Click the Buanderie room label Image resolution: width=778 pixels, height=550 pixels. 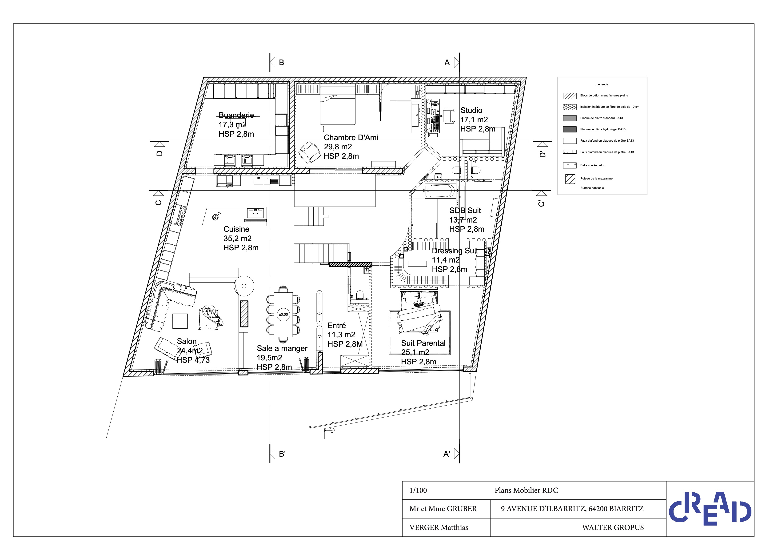tap(236, 116)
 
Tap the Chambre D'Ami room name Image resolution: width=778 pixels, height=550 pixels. tap(351, 138)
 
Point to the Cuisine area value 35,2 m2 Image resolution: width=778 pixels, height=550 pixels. tap(238, 239)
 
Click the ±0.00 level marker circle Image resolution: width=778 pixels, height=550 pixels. tap(283, 315)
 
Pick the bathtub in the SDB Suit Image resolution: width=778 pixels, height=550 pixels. tap(439, 191)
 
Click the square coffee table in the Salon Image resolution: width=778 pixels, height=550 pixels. tap(180, 321)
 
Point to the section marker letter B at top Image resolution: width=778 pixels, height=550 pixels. tap(281, 63)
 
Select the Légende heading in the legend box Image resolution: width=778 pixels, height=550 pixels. tap(602, 84)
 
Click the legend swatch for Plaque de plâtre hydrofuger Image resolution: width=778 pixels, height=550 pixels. tap(570, 129)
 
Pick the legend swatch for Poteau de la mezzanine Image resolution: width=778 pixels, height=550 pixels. tap(570, 179)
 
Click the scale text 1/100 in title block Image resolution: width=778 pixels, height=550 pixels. tap(418, 490)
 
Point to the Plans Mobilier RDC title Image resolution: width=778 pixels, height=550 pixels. tap(526, 490)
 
